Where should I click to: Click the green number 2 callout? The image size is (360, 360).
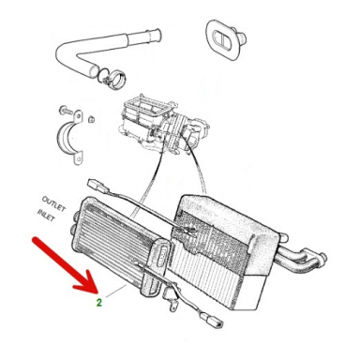tap(98, 302)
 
